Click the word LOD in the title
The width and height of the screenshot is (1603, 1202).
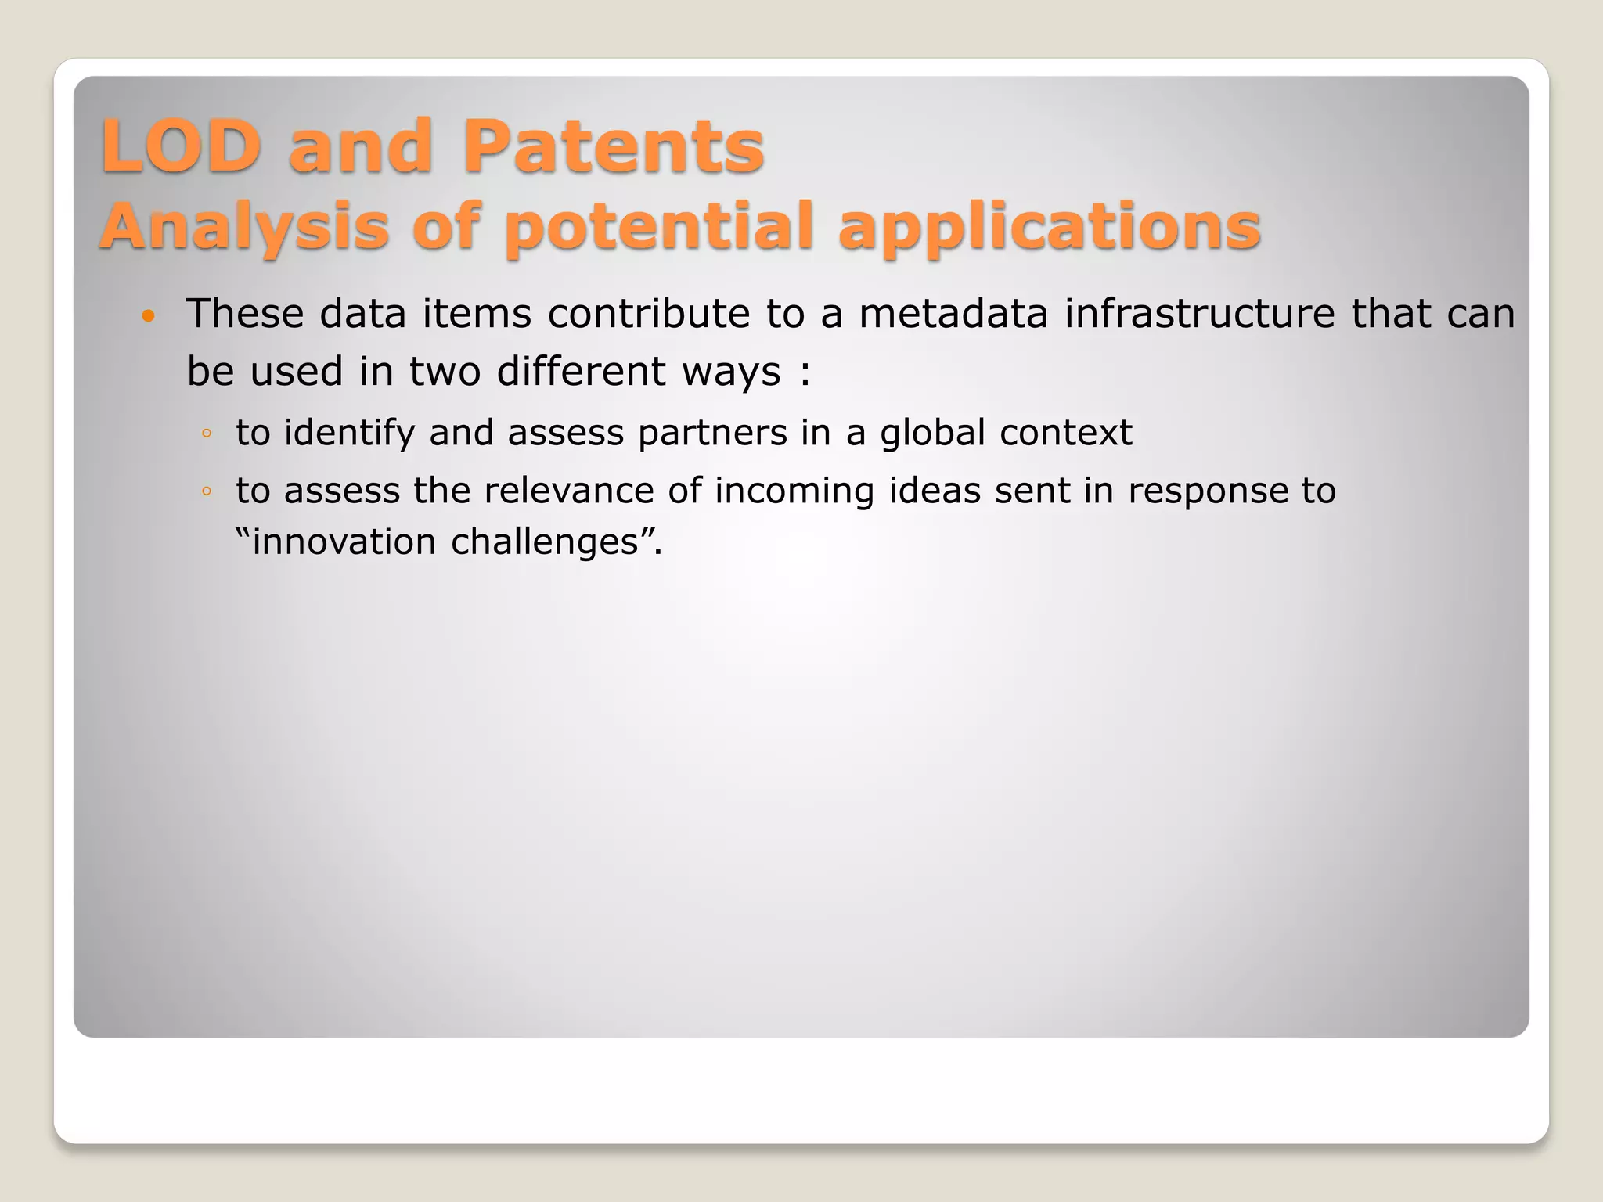coord(180,146)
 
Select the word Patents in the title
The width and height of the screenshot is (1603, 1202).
coord(613,146)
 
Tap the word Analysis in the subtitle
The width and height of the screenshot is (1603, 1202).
coord(244,227)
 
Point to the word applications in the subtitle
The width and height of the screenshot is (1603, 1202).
coord(1049,227)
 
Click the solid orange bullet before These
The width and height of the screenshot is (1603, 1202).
coord(149,317)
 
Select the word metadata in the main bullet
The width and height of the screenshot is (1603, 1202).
coord(953,314)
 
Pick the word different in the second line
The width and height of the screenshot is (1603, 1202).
coord(581,371)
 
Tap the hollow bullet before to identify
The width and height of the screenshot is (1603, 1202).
coord(207,434)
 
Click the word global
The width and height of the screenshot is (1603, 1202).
coord(932,433)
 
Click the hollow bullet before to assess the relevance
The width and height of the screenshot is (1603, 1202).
coord(207,491)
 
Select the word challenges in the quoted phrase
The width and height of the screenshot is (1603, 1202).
coord(545,542)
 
